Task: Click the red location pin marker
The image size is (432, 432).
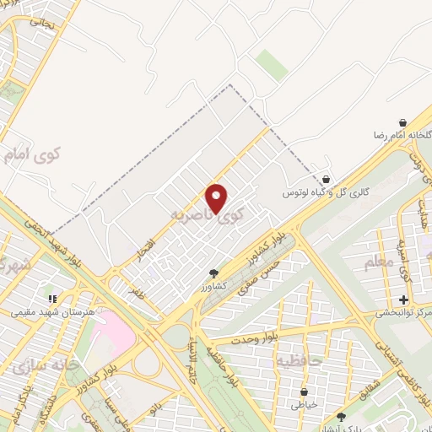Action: click(x=218, y=197)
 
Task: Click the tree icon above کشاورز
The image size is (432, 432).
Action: click(x=213, y=273)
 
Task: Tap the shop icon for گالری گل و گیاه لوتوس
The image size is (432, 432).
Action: click(x=326, y=179)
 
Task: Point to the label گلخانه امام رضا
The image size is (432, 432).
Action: click(x=399, y=136)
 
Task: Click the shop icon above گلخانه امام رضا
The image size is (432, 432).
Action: click(x=402, y=122)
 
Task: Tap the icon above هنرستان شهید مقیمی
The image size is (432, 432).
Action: click(x=52, y=299)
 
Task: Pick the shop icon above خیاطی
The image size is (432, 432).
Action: click(x=305, y=391)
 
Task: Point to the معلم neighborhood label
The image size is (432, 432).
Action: click(x=379, y=264)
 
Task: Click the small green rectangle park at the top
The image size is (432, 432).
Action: click(x=271, y=65)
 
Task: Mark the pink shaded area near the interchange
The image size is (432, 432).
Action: click(x=115, y=331)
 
